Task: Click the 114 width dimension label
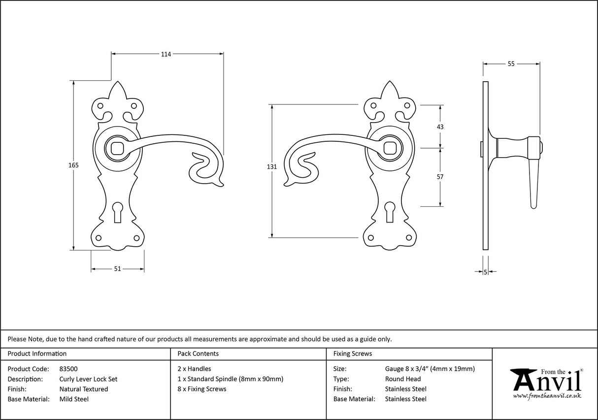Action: click(x=166, y=54)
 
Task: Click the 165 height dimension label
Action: click(x=73, y=165)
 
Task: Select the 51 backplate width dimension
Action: click(x=117, y=269)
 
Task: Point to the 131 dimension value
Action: click(x=271, y=167)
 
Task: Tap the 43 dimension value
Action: click(x=440, y=127)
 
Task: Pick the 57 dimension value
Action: click(x=440, y=177)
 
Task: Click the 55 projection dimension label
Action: click(x=511, y=64)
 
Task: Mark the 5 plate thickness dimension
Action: click(x=486, y=272)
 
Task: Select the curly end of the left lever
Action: click(x=204, y=170)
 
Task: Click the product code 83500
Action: click(x=68, y=369)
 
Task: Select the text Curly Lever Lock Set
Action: click(x=88, y=379)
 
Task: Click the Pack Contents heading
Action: click(x=198, y=354)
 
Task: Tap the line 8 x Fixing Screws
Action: click(x=201, y=389)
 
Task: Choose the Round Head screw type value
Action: click(x=402, y=379)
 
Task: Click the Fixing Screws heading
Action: click(x=352, y=354)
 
